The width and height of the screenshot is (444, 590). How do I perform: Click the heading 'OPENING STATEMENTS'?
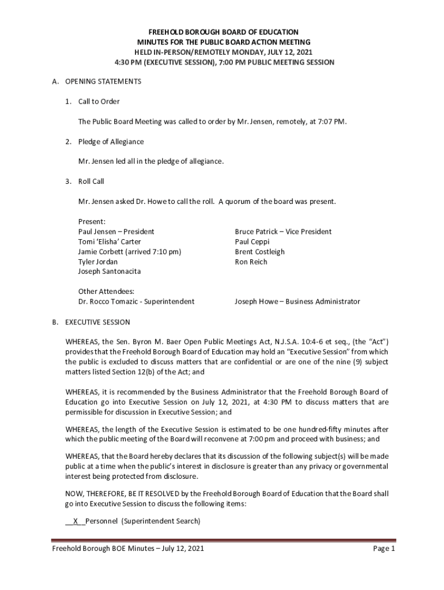pyautogui.click(x=103, y=82)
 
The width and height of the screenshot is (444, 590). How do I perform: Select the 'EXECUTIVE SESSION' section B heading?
pyautogui.click(x=97, y=322)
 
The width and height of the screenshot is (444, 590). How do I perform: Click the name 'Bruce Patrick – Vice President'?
pyautogui.click(x=283, y=232)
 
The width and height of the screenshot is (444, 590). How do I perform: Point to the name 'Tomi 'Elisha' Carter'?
pyautogui.click(x=110, y=242)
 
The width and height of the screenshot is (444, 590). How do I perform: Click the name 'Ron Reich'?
pyautogui.click(x=251, y=262)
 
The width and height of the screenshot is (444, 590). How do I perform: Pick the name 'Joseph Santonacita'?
pyautogui.click(x=110, y=271)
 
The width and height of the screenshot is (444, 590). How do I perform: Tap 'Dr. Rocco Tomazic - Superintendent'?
pyautogui.click(x=136, y=301)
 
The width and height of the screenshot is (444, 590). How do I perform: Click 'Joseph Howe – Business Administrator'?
pyautogui.click(x=297, y=301)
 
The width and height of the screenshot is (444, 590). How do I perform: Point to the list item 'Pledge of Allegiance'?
pyautogui.click(x=111, y=142)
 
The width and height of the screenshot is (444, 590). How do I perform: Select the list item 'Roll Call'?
pyautogui.click(x=91, y=181)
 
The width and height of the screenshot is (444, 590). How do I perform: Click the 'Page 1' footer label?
pyautogui.click(x=383, y=549)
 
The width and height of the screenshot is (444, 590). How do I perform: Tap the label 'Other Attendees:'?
pyautogui.click(x=106, y=292)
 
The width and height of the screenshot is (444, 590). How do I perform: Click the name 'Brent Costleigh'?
pyautogui.click(x=259, y=252)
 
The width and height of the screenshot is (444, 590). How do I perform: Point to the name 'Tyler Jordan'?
pyautogui.click(x=98, y=262)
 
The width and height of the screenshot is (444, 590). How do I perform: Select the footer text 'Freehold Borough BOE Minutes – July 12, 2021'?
pyautogui.click(x=127, y=549)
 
